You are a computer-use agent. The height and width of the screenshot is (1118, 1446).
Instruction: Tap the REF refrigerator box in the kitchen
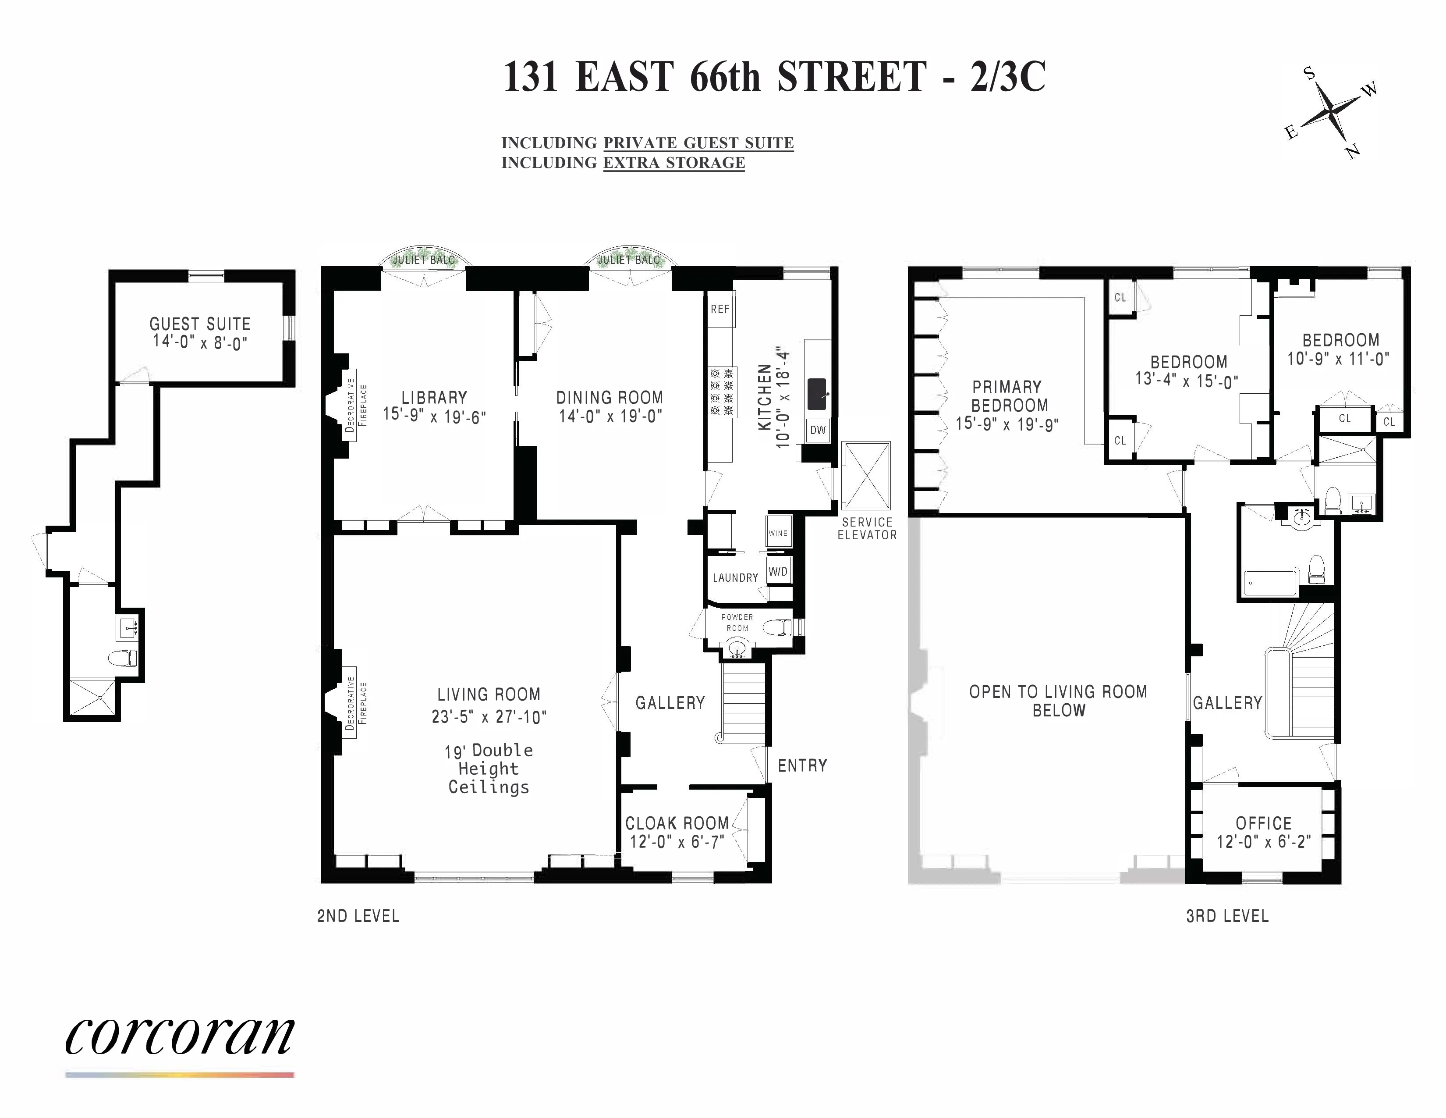719,309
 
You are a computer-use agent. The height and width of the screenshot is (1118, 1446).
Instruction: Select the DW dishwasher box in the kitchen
818,430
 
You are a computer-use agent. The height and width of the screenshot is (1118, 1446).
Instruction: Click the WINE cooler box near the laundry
778,533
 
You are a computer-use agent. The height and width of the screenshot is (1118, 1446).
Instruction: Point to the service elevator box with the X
866,476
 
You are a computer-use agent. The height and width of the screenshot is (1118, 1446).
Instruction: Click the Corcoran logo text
179,1036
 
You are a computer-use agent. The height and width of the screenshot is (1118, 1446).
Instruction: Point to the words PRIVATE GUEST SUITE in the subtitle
698,143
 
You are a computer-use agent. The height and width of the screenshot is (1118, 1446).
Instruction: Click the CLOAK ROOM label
677,823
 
